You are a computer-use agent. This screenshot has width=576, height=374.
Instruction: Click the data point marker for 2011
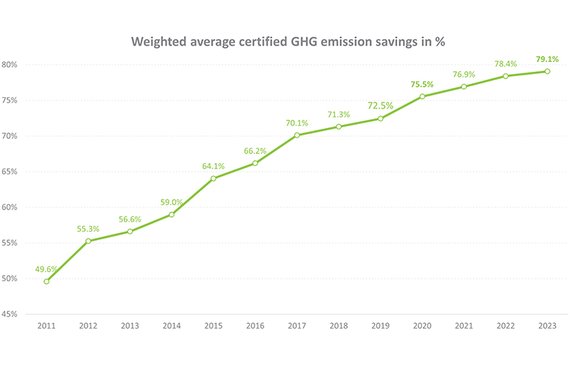click(46, 281)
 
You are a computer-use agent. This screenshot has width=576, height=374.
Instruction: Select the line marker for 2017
click(297, 135)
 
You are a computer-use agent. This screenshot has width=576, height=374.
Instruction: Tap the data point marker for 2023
click(547, 71)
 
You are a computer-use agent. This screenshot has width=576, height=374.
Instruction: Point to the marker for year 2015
click(213, 178)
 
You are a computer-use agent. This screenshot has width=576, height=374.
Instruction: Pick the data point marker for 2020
click(422, 96)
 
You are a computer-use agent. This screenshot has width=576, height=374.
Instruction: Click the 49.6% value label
click(47, 269)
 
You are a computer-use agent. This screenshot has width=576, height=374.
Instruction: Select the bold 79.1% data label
click(548, 58)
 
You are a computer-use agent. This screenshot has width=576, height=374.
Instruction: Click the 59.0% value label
click(172, 201)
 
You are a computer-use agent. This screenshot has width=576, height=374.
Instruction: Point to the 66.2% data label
click(255, 150)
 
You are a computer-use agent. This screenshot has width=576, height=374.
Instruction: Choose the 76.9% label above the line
click(464, 74)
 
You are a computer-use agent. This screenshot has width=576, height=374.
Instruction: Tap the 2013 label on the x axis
click(130, 326)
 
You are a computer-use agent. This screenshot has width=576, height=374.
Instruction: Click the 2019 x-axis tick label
click(380, 326)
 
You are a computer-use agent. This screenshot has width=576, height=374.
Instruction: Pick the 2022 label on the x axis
click(506, 326)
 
